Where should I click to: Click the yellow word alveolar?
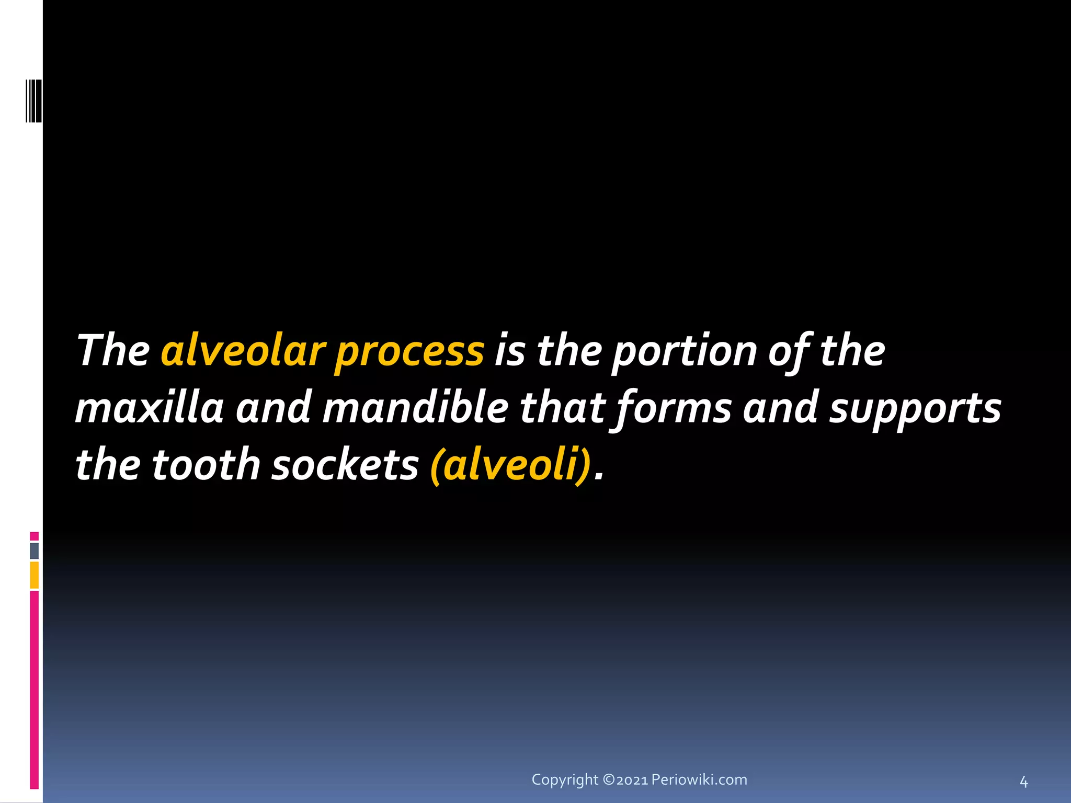pos(243,351)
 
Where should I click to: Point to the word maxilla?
pos(150,408)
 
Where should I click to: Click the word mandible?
pos(416,408)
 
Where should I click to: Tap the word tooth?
pos(206,465)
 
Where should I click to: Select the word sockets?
pos(345,465)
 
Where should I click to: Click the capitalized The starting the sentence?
pos(113,351)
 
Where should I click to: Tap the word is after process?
pos(509,351)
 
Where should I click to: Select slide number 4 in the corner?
pos(1023,782)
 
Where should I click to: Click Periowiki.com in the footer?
pos(699,779)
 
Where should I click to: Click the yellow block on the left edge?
pos(35,575)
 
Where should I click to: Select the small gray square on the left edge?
pos(35,550)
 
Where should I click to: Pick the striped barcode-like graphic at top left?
pos(33,101)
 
